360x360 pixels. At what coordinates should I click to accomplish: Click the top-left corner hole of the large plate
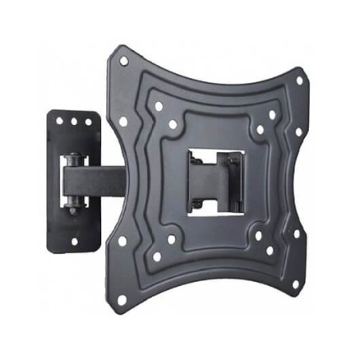pos(123,60)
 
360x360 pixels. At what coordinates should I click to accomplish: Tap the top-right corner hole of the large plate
pos(299,80)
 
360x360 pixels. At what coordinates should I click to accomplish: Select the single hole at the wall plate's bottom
pos(74,241)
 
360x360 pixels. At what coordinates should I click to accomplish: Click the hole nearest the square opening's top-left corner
pos(172,124)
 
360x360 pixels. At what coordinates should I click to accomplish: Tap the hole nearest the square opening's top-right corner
pos(260,129)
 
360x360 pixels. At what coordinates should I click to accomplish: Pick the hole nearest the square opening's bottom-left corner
pos(170,239)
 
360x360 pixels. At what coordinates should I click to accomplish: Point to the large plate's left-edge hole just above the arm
pos(123,121)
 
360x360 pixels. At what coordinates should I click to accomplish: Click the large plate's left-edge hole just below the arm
pos(122,240)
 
